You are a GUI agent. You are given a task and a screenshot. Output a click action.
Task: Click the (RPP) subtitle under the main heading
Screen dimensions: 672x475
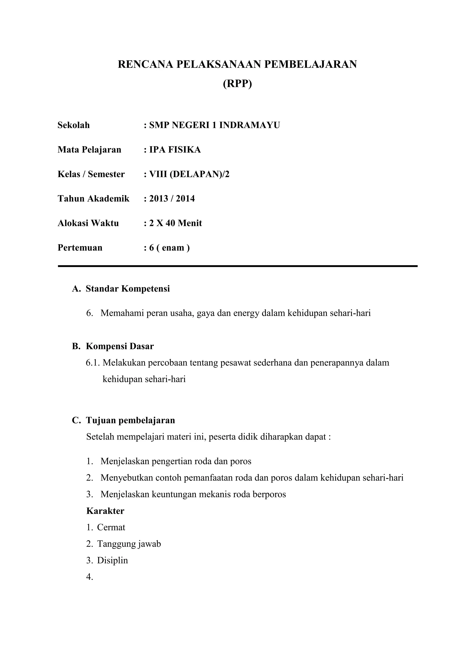(237, 84)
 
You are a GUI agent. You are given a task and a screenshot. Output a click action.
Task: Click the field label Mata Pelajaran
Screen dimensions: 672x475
(89, 150)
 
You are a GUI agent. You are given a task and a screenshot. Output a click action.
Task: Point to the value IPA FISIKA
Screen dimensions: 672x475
(175, 150)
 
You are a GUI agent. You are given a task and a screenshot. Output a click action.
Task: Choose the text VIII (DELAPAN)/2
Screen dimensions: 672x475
(189, 174)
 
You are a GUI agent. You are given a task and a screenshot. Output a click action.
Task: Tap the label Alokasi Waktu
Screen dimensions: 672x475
(88, 223)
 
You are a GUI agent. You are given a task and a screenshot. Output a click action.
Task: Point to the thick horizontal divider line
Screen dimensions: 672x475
(237, 266)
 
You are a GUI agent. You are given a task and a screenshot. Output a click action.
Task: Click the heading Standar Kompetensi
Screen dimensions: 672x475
(128, 289)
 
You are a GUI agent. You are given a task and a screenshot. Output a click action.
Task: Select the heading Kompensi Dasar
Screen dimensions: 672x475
(120, 346)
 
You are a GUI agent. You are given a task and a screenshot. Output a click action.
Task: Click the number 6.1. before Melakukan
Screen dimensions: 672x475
(93, 363)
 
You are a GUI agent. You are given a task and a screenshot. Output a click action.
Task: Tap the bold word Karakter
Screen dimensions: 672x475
(105, 511)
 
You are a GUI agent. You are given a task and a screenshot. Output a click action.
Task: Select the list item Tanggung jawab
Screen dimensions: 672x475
(129, 544)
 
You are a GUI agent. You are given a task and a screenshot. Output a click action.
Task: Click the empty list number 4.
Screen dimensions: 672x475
(90, 577)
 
